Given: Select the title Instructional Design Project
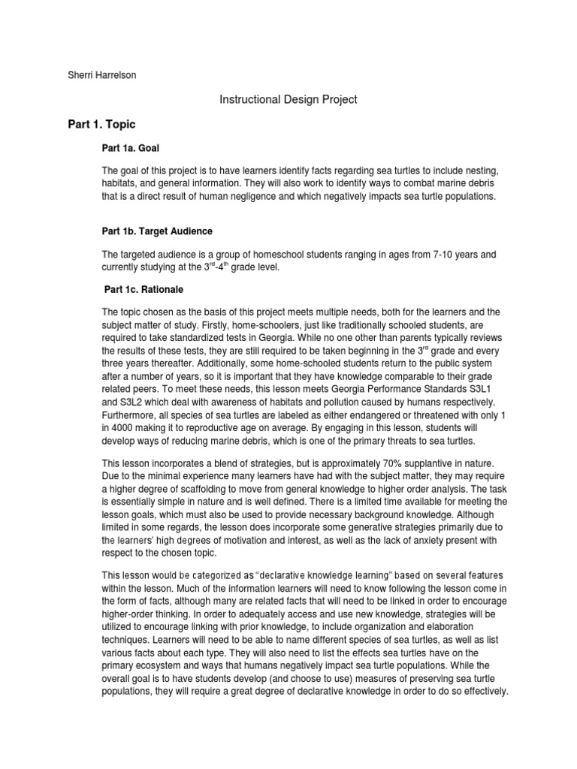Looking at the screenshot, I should click(x=288, y=99).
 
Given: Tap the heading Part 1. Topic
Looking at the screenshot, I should click(x=101, y=124).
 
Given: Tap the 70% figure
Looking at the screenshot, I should click(x=378, y=464).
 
